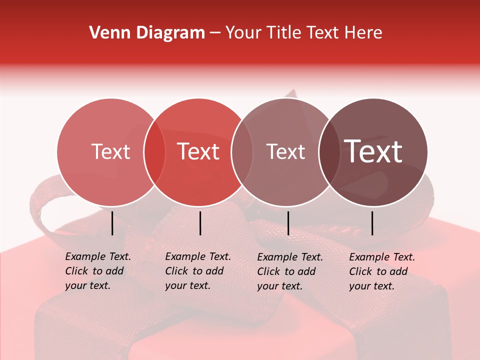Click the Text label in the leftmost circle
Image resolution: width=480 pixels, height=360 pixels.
tap(111, 151)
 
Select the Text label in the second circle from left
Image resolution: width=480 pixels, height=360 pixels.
tap(198, 151)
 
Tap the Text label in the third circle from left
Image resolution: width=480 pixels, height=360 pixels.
tap(286, 151)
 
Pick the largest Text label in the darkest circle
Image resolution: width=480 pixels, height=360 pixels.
tap(373, 151)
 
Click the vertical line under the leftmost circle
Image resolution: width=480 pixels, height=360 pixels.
tap(112, 223)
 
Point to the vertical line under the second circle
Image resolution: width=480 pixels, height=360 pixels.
tap(200, 223)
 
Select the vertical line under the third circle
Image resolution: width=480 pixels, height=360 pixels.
tap(288, 223)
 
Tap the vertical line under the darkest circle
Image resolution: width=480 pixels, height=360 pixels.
tap(372, 223)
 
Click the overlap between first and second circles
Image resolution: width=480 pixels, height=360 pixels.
tap(154, 152)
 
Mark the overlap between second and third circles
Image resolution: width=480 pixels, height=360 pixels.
tap(242, 152)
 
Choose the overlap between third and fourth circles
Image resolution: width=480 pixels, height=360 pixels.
tap(329, 152)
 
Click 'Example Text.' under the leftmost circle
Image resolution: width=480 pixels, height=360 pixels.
tap(98, 256)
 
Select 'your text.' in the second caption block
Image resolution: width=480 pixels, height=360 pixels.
tap(187, 286)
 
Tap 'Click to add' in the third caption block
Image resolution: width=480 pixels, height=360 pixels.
tap(286, 271)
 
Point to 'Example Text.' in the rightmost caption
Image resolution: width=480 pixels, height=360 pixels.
tap(382, 257)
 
